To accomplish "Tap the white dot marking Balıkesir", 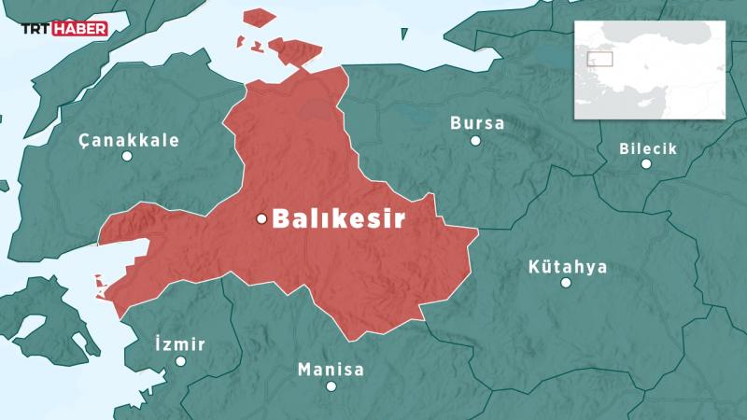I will point(262,219).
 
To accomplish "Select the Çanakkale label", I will point(129,141).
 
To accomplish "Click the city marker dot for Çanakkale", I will point(128,157).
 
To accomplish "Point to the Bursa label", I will point(477,123).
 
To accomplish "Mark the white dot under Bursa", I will point(475,141).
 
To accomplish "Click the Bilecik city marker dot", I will point(646,164).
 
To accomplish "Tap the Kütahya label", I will point(568,267).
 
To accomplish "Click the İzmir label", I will point(179,344).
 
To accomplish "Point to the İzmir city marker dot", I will point(180,361).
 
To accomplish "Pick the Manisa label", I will point(331,370).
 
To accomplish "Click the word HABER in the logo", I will point(85,29).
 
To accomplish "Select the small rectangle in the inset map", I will point(599,58).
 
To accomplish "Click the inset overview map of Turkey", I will point(650,70).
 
